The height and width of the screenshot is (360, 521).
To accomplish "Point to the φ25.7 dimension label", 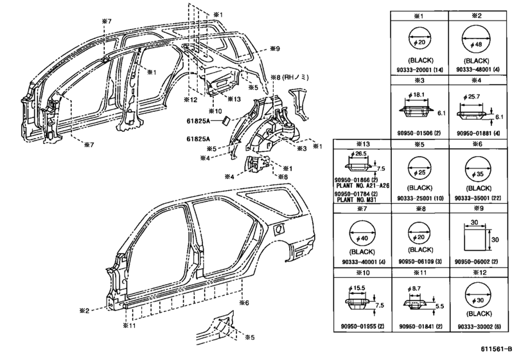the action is click(x=472, y=96).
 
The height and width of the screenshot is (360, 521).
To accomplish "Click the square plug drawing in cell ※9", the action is click(x=475, y=239).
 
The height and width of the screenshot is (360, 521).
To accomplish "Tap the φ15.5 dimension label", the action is click(x=357, y=288).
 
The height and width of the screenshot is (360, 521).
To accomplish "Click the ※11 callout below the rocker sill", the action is click(x=129, y=325).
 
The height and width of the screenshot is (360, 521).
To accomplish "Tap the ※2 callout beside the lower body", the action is click(x=84, y=310).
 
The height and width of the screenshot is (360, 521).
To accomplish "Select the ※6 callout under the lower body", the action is click(x=244, y=303).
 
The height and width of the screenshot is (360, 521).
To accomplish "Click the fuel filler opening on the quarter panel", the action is click(x=278, y=229).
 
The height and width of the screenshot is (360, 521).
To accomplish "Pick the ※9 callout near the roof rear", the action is click(x=274, y=49).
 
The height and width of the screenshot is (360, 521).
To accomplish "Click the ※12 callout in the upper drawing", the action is click(x=190, y=100).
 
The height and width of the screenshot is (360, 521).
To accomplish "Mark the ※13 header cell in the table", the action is click(x=362, y=144).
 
